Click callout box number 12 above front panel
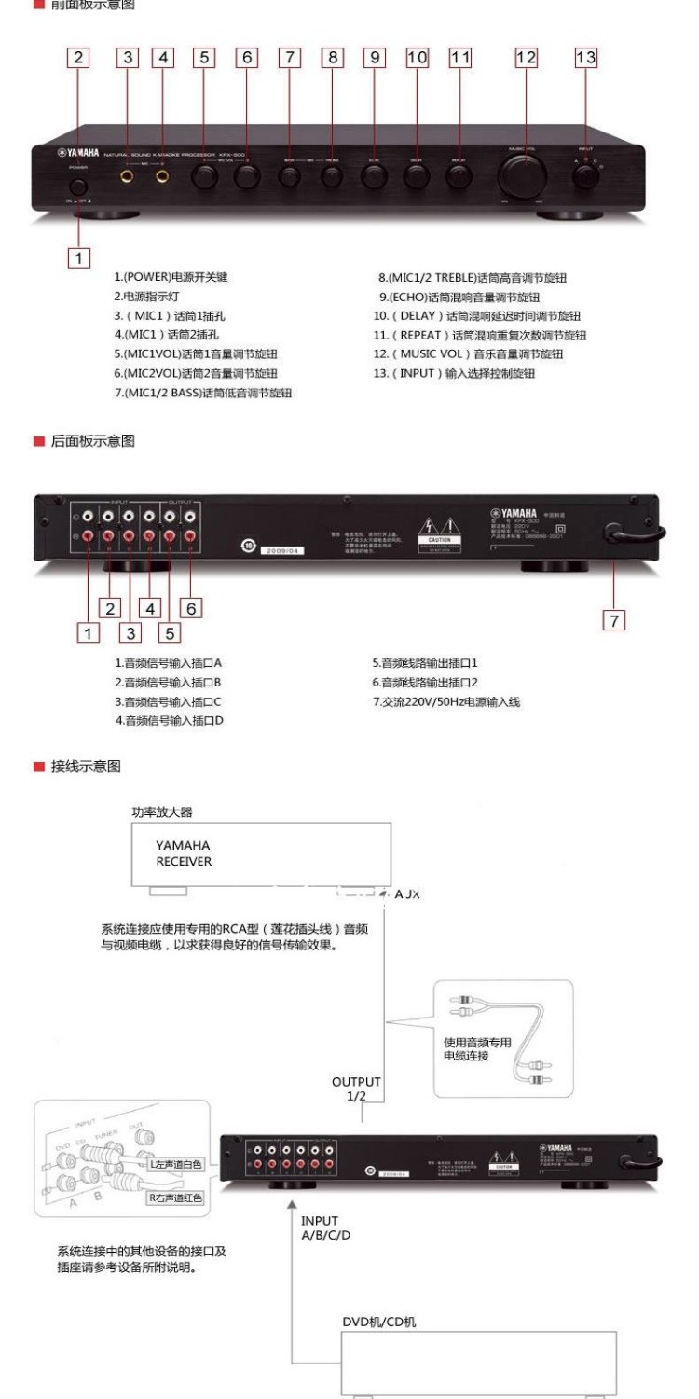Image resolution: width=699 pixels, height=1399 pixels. point(527,58)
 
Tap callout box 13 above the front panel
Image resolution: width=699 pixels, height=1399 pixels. point(585,58)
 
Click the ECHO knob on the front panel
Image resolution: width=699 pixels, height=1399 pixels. point(374,175)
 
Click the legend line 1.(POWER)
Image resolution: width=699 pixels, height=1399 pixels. point(171,277)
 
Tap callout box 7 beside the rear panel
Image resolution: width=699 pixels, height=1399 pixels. point(613,620)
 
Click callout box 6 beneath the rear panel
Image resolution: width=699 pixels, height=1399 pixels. point(190,608)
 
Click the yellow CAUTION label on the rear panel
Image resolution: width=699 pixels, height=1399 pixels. point(438,540)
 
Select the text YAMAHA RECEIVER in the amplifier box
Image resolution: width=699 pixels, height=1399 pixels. point(183,852)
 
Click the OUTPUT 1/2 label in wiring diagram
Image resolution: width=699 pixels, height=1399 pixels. point(356,1088)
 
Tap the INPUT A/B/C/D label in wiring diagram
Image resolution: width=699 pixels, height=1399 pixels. point(325,1227)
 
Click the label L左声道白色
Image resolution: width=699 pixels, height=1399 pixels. point(174,1165)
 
